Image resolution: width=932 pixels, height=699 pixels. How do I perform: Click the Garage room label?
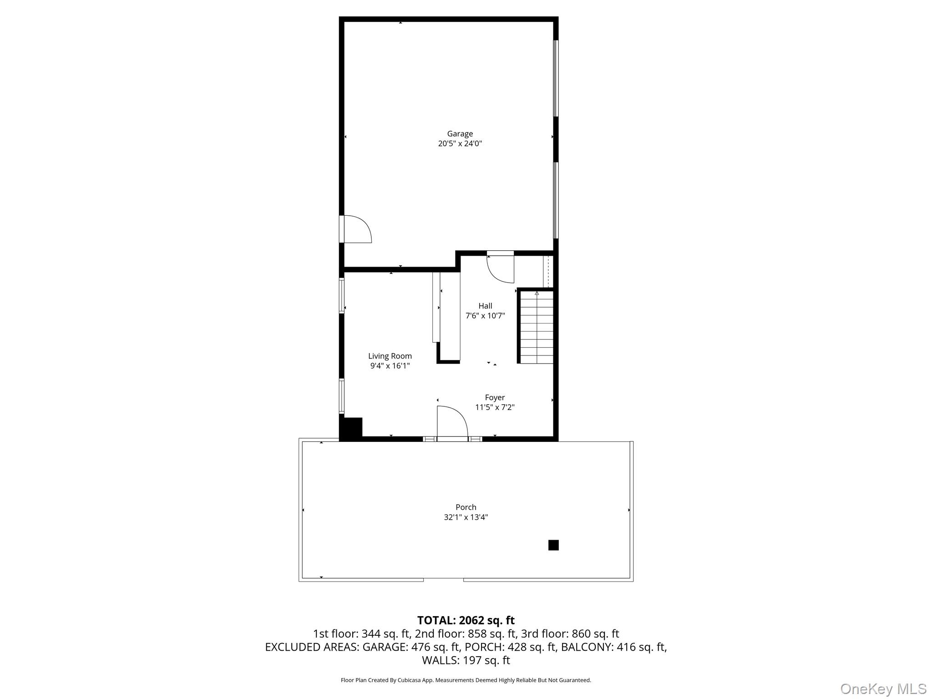(x=460, y=134)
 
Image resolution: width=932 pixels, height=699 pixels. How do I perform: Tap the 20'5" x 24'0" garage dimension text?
(x=460, y=144)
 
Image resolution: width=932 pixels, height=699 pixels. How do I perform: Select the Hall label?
(x=485, y=306)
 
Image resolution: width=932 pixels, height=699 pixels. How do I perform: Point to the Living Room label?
(x=390, y=356)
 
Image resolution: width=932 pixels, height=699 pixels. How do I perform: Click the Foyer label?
(x=495, y=397)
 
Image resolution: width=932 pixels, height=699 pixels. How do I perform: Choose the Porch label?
(x=466, y=507)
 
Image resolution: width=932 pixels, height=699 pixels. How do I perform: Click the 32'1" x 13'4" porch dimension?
(x=466, y=517)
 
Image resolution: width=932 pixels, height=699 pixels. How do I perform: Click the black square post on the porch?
(x=553, y=545)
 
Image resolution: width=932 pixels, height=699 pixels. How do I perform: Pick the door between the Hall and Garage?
(x=501, y=268)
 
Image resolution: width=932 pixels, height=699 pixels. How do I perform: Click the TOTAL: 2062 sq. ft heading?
(x=466, y=620)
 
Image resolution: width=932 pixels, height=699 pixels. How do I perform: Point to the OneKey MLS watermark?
(x=883, y=689)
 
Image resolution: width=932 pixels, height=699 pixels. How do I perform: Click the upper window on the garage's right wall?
(x=556, y=78)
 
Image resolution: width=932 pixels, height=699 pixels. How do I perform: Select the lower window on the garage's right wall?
(x=556, y=200)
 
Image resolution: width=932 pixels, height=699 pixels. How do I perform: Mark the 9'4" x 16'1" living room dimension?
(x=390, y=366)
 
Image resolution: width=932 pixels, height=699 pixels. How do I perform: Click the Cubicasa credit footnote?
(x=466, y=680)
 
